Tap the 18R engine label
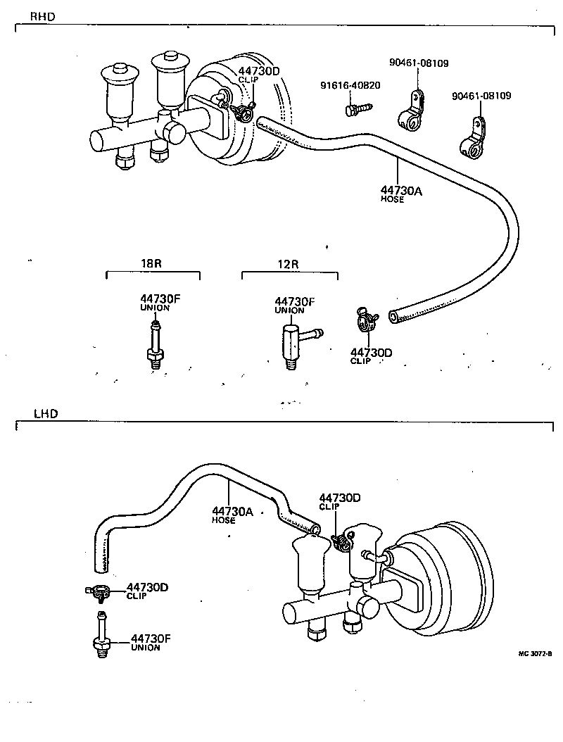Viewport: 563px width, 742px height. [151, 265]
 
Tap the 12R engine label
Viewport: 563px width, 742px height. [288, 265]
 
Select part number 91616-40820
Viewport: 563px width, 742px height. [350, 85]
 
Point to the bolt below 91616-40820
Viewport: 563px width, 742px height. [355, 110]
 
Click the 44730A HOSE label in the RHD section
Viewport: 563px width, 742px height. [401, 194]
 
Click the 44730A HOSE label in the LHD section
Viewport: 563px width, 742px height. [232, 515]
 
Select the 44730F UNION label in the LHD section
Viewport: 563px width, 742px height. [150, 642]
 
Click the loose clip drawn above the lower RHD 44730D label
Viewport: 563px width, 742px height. [366, 320]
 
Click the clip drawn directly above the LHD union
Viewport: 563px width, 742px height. [98, 592]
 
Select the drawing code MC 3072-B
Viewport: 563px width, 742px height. [534, 653]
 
